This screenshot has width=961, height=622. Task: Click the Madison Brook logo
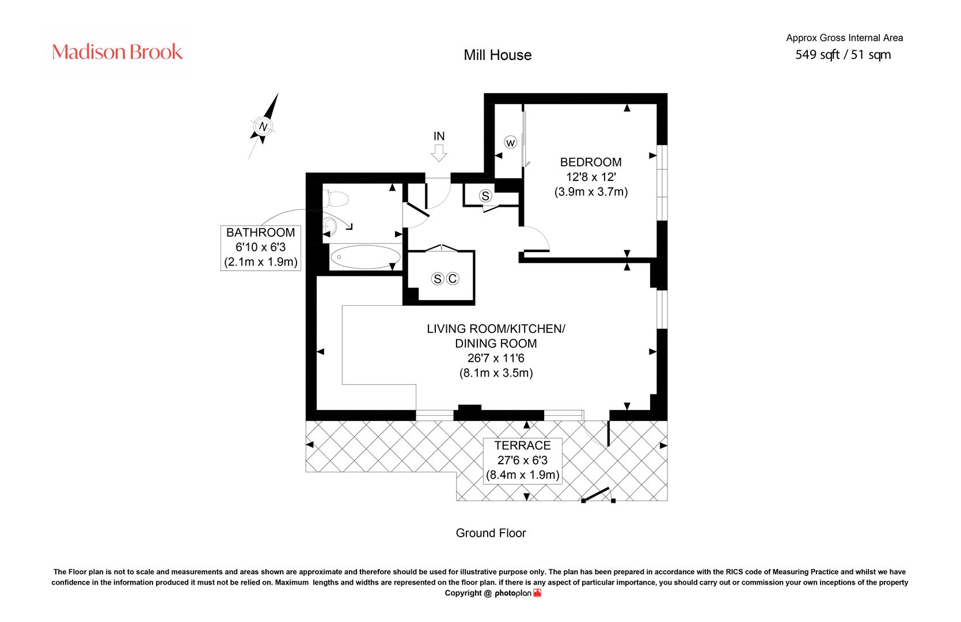click(x=117, y=51)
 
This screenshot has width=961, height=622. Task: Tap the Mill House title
click(x=497, y=55)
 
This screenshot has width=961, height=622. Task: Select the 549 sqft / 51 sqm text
click(x=843, y=55)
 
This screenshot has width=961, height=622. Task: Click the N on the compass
click(x=263, y=127)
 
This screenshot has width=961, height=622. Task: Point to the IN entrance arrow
click(x=439, y=153)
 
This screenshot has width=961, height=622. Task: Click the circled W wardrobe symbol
click(x=510, y=142)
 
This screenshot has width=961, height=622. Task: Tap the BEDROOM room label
click(x=591, y=162)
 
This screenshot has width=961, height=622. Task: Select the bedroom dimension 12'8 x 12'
click(x=591, y=177)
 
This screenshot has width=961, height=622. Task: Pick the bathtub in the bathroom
click(x=365, y=257)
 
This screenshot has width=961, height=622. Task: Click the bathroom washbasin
click(x=329, y=225)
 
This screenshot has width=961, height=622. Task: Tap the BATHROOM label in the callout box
click(x=260, y=233)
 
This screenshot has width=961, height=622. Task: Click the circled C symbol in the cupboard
click(x=452, y=279)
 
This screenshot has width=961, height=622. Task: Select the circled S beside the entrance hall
click(x=485, y=196)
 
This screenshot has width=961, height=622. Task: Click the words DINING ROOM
click(x=496, y=343)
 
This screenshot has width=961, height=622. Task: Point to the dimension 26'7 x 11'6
click(x=496, y=358)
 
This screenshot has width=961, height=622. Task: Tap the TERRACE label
click(x=523, y=446)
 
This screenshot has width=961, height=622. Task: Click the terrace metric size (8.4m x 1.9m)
click(x=523, y=475)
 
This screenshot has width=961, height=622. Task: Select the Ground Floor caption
click(x=491, y=533)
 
